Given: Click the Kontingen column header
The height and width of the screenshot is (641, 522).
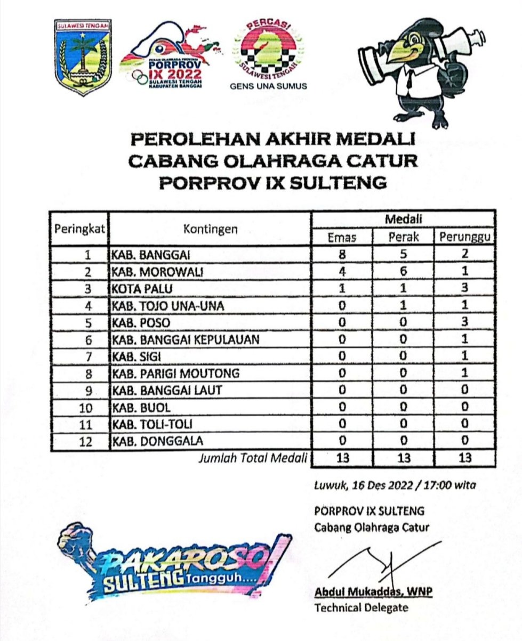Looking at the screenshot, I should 210,229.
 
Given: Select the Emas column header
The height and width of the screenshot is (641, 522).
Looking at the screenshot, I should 342,238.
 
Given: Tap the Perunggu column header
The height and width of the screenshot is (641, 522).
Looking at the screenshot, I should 464,238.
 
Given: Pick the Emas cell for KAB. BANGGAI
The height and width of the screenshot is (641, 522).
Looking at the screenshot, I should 342,254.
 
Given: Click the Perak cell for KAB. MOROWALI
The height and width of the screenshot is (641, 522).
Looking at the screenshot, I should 404,271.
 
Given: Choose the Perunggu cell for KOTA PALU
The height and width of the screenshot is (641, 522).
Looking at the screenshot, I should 464,288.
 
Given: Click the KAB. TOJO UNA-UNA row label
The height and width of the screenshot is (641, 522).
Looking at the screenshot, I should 167,306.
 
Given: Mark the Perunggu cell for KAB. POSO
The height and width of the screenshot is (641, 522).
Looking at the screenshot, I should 464,322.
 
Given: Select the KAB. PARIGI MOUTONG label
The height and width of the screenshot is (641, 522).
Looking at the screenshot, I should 175,374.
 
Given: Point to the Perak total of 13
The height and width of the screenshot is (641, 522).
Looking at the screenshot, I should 404,458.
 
